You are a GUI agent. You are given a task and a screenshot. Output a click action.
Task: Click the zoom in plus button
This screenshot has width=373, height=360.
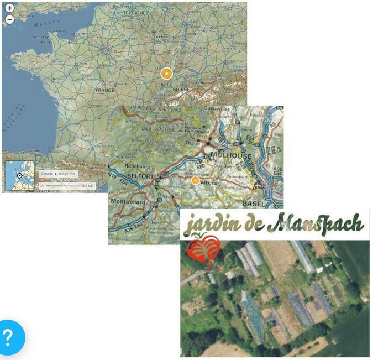click(9, 9)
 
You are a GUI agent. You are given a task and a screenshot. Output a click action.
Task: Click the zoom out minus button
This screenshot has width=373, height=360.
click(9, 19)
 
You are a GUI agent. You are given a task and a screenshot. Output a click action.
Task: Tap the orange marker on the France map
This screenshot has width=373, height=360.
click(166, 74)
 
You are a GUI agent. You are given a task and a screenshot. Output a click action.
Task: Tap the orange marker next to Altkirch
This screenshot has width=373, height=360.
click(195, 180)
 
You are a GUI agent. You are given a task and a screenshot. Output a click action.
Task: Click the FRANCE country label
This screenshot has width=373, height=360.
click(104, 90)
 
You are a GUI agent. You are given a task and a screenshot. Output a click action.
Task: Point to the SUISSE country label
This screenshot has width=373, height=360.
click(181, 88)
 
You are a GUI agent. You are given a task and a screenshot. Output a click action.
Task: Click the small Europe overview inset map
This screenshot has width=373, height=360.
click(19, 176)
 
